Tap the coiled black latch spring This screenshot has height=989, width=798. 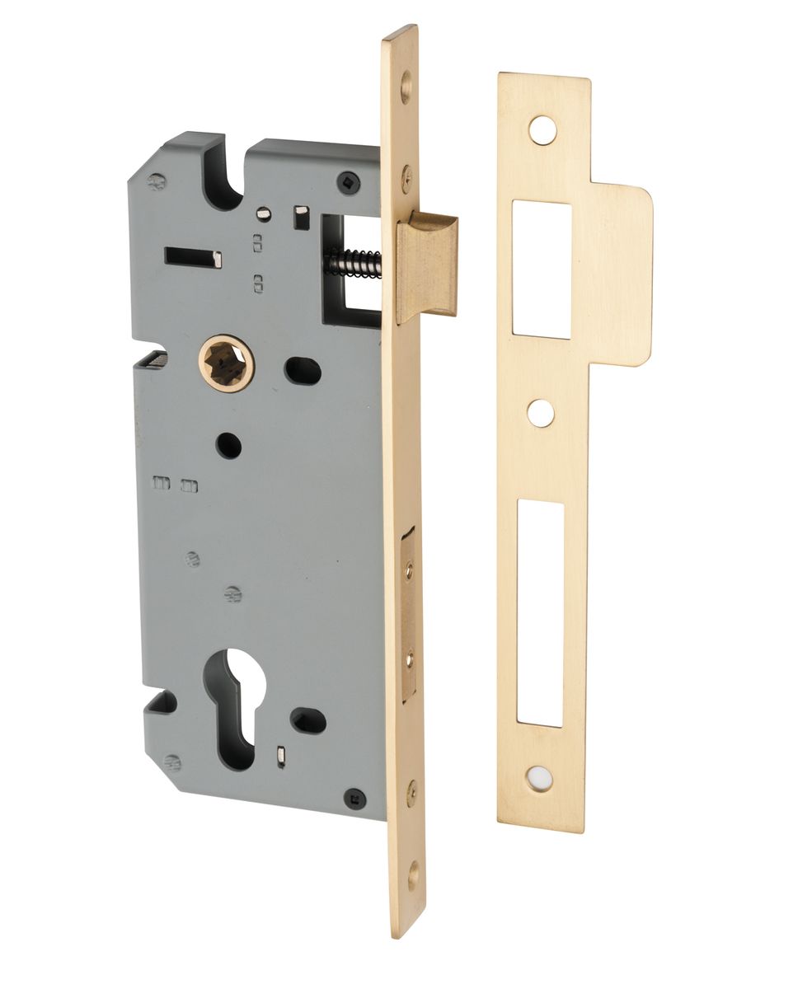point(352,262)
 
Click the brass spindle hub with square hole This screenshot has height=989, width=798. point(226,363)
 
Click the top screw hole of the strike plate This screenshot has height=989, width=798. point(541,130)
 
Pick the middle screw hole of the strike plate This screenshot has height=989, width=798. point(541,413)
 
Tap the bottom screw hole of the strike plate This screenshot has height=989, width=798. point(540,774)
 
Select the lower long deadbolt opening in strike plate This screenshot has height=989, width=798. point(541,613)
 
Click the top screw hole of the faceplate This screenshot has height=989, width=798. point(406,85)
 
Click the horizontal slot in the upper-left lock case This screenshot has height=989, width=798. point(193,257)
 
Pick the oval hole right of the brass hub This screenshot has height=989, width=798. point(303,370)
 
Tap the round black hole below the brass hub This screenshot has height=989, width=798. point(229,445)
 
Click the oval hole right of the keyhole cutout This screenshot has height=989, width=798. point(308,719)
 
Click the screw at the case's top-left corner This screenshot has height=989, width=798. point(156,180)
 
